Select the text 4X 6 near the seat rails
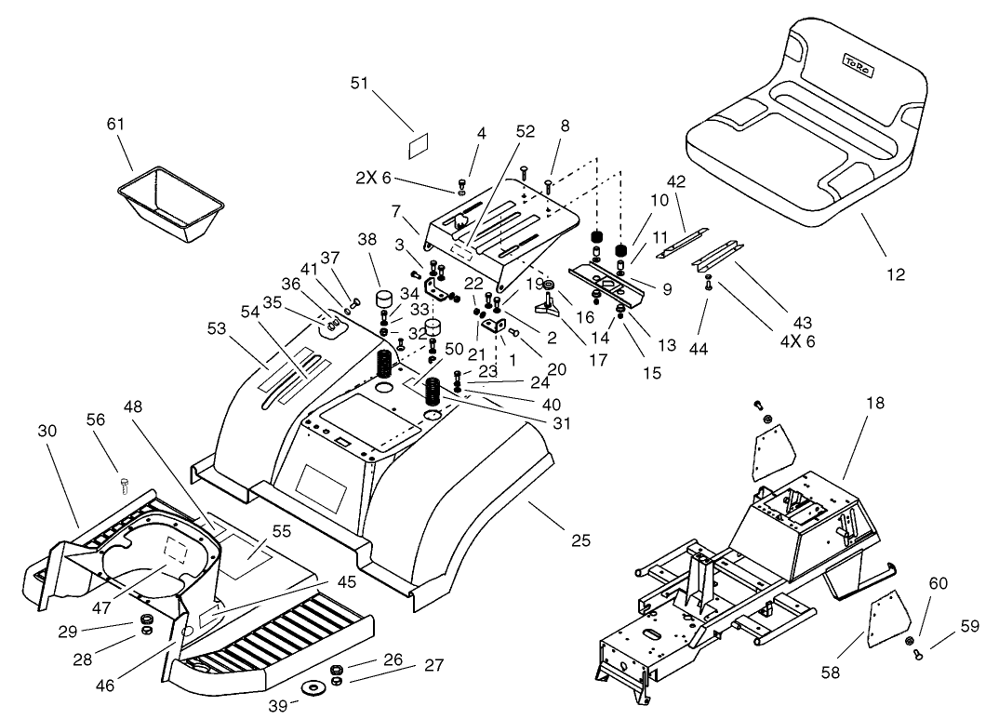tap(796, 341)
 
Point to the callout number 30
tap(47, 431)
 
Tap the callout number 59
tap(969, 627)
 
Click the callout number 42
tap(701, 182)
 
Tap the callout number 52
tap(526, 132)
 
